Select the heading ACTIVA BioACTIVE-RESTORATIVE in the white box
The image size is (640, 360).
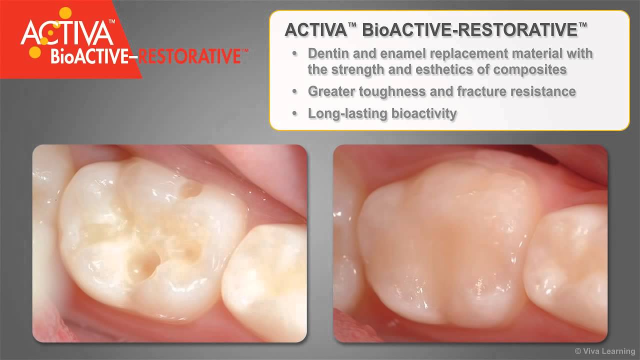click(x=435, y=30)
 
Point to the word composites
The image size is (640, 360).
click(x=530, y=69)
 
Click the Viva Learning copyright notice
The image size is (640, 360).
click(x=604, y=351)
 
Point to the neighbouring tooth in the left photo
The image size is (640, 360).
click(x=265, y=285)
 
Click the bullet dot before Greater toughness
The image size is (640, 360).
click(x=295, y=92)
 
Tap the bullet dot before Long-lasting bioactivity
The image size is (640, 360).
click(x=295, y=114)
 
